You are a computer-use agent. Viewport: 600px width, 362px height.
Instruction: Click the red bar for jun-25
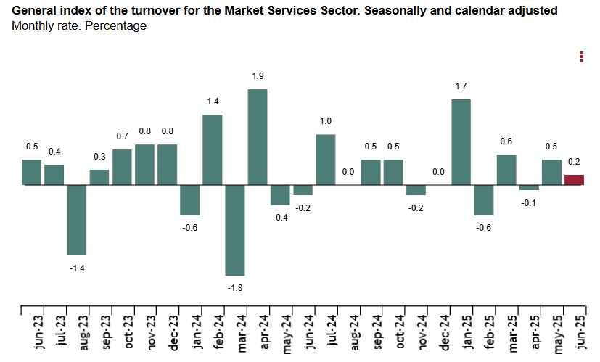pos(574,180)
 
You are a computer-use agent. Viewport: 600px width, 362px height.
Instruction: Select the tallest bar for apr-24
pos(258,137)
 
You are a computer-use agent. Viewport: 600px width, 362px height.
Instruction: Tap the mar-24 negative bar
pos(235,230)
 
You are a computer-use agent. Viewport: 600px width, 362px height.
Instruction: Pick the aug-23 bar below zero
pos(77,220)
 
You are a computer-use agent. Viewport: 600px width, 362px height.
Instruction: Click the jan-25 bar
pos(461,142)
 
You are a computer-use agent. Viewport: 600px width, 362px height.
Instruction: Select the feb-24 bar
pos(213,149)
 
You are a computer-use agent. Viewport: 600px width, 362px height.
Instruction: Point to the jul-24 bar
pos(326,160)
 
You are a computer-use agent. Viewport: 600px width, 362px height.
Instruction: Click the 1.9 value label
pos(258,76)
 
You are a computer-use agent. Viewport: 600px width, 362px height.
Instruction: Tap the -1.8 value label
pos(234,288)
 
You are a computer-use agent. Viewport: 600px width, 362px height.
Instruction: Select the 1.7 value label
pos(461,86)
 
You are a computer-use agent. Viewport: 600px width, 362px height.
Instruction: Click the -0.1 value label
pos(530,202)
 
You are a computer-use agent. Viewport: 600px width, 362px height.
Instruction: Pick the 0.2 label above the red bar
pos(575,163)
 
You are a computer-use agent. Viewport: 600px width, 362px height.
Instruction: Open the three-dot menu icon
pos(581,57)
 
